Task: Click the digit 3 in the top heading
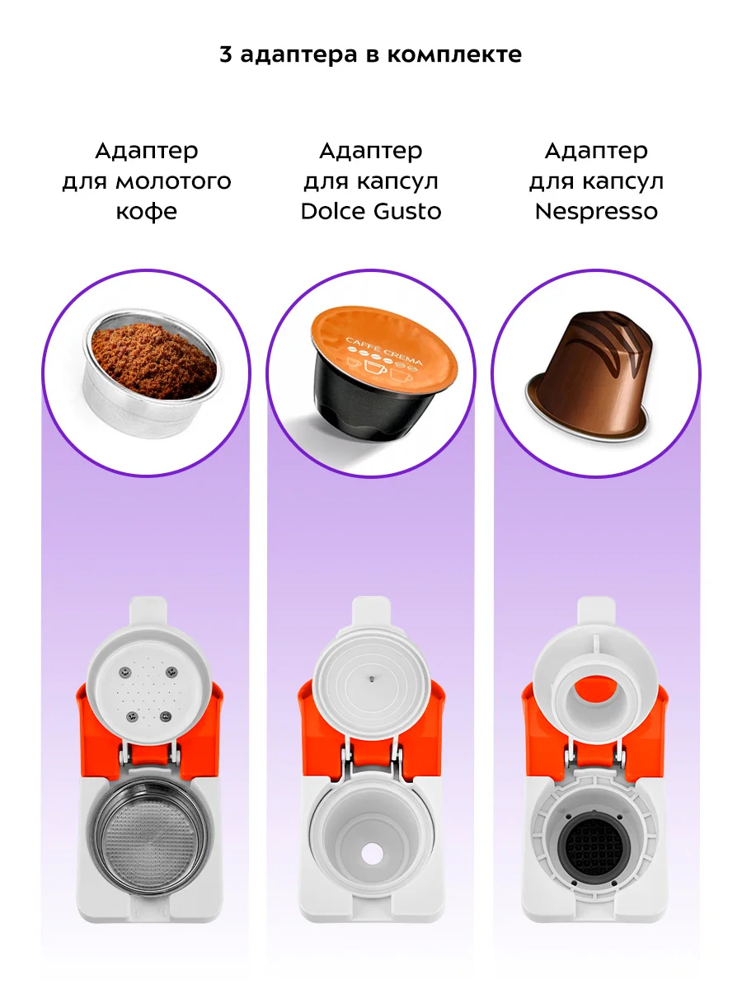point(226,54)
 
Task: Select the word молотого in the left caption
point(173,181)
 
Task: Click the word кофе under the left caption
point(147,212)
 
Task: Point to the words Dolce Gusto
point(371,211)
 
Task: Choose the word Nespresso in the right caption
point(596,212)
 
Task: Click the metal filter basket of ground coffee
point(152,373)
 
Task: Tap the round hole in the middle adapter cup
point(372,854)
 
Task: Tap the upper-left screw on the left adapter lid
point(124,673)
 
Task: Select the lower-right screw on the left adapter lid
point(166,715)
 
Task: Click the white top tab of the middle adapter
point(371,611)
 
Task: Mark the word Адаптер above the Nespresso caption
point(596,152)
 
